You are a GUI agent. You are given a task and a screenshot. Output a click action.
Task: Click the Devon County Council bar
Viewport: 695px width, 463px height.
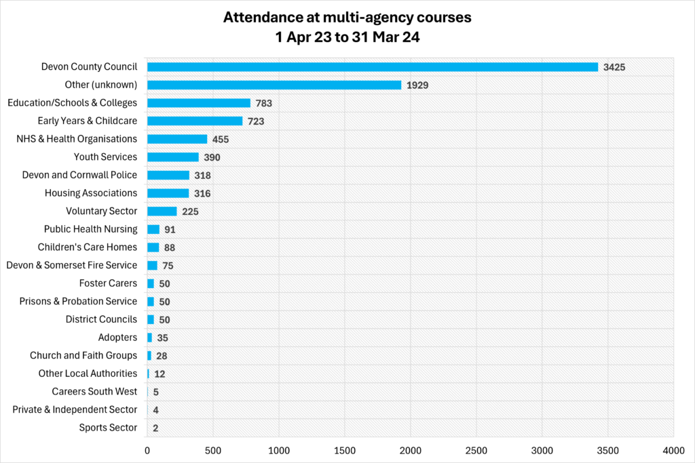[372, 67]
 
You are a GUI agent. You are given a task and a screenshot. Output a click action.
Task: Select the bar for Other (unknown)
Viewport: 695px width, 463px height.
[274, 85]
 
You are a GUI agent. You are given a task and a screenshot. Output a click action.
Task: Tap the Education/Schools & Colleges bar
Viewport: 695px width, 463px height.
[199, 103]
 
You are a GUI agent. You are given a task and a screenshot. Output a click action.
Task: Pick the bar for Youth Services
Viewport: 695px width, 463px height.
[173, 157]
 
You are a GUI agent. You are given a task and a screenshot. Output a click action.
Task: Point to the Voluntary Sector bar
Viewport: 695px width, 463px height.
[162, 212]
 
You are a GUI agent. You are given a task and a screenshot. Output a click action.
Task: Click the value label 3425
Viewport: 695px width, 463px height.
[614, 67]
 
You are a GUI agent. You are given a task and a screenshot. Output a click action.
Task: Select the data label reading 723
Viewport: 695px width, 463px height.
[255, 121]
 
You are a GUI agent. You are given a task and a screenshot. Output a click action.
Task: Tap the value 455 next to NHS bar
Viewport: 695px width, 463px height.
[220, 140]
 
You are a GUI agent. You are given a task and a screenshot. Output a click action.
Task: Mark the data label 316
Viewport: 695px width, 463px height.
[202, 194]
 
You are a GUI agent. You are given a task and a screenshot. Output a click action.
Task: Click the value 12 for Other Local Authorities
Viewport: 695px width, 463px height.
[159, 374]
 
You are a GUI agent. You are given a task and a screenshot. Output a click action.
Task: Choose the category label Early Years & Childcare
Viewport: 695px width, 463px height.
[88, 121]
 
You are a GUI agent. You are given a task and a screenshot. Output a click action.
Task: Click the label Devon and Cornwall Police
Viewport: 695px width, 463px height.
[79, 175]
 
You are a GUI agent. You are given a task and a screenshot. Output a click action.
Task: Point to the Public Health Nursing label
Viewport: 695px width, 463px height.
[90, 229]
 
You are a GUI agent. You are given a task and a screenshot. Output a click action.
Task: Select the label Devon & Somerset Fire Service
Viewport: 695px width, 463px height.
[71, 265]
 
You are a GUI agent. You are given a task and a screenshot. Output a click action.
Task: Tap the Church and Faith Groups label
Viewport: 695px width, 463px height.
[83, 355]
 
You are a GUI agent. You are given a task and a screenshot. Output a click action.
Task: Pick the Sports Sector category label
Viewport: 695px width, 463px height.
[108, 428]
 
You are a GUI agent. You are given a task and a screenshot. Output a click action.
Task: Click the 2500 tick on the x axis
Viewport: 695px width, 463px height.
[476, 449]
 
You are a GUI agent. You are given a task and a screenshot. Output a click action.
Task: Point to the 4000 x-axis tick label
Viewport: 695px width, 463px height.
[673, 449]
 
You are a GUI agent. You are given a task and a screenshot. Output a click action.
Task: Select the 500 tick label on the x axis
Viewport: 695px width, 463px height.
[213, 449]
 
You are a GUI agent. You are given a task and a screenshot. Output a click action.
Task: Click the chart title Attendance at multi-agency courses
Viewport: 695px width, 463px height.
[347, 18]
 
